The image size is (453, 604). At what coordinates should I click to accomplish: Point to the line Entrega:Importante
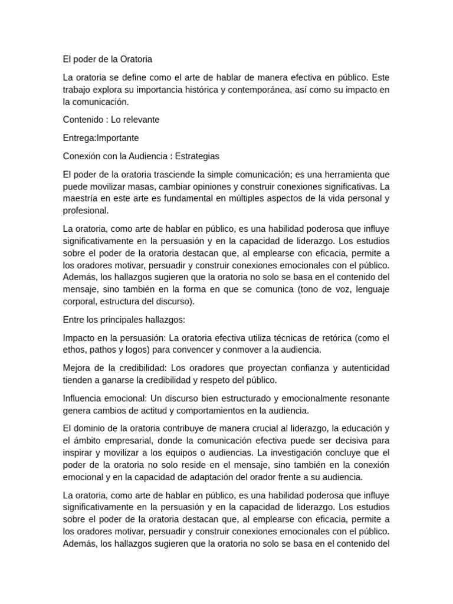point(101,137)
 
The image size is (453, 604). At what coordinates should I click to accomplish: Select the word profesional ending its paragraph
point(86,210)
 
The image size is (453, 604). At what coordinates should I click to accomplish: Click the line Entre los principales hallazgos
point(124,319)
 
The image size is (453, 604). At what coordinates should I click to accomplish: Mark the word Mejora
point(77,368)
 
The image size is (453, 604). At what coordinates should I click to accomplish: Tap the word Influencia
point(84,398)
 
